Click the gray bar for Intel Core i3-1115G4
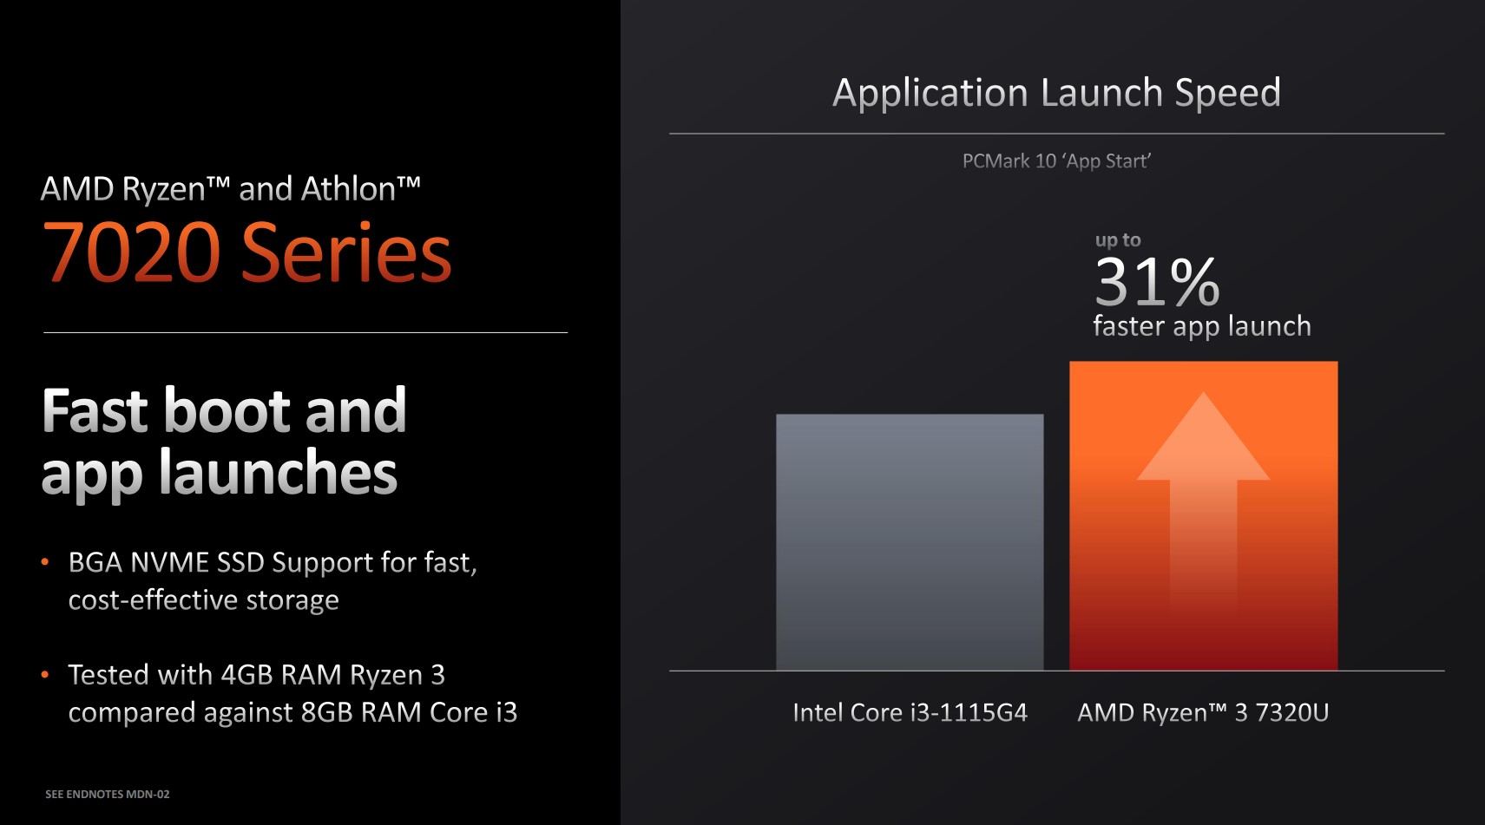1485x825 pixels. click(x=910, y=542)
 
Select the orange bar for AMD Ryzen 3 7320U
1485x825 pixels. click(x=1203, y=515)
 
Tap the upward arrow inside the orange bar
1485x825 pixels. click(x=1203, y=501)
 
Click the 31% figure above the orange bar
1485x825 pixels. click(x=1157, y=282)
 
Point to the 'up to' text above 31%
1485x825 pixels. click(x=1118, y=240)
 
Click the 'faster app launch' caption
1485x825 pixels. click(x=1202, y=326)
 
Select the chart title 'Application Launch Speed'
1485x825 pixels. click(x=1057, y=93)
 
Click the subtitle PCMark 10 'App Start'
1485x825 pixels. click(x=1057, y=161)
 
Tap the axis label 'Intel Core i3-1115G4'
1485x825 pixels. click(x=910, y=712)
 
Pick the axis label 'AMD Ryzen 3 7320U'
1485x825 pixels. click(x=1203, y=712)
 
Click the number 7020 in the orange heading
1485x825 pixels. click(x=131, y=252)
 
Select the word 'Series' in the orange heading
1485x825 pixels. click(x=345, y=252)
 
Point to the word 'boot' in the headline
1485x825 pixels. click(x=226, y=411)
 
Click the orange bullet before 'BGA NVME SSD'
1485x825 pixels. click(x=45, y=563)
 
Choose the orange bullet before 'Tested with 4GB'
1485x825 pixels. click(x=45, y=675)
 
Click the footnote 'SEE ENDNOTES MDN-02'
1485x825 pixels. click(x=108, y=794)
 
